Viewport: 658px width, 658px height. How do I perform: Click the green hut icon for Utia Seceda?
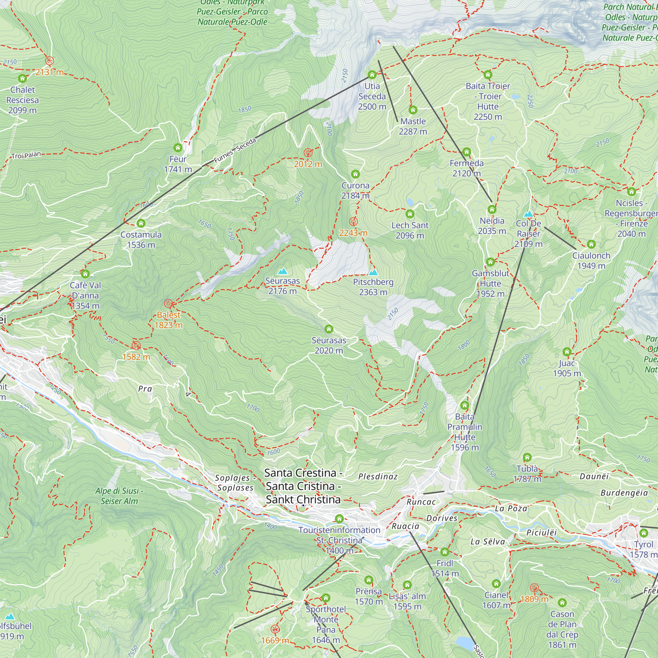point(372,75)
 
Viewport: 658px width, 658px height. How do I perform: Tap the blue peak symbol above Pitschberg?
point(373,272)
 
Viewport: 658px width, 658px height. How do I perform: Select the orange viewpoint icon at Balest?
point(168,304)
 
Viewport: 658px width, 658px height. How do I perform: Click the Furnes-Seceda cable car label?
point(235,151)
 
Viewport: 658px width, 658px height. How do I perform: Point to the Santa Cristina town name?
point(303,486)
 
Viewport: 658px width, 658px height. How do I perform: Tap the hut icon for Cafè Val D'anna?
point(85,274)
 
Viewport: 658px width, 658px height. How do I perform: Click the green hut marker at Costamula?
point(141,223)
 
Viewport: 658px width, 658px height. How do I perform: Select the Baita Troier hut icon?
point(488,75)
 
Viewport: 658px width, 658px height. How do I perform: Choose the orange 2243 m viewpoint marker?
point(354,222)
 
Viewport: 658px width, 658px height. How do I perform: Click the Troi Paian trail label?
point(26,155)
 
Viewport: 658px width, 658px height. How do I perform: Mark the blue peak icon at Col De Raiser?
point(528,214)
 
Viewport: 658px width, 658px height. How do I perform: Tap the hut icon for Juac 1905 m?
point(567,352)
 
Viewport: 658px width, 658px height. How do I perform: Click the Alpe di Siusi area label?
point(119,496)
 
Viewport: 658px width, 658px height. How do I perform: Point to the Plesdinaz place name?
point(378,477)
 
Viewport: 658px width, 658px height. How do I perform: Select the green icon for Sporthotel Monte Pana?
point(326,598)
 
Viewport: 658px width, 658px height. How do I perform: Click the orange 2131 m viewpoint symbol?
point(49,61)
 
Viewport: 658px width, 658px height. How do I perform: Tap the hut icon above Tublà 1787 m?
point(527,457)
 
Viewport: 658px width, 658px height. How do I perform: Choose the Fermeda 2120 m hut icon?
point(467,152)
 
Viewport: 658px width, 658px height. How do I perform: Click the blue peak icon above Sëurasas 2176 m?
point(282,271)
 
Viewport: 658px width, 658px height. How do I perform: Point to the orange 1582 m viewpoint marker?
point(136,346)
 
